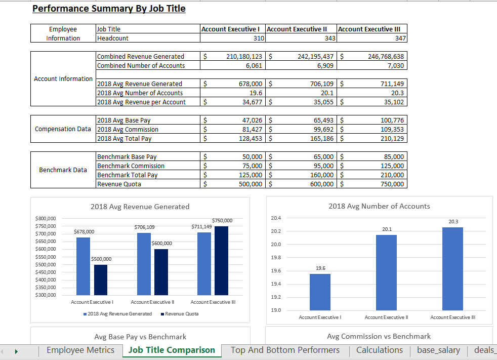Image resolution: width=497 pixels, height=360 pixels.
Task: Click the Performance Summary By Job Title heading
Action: click(109, 9)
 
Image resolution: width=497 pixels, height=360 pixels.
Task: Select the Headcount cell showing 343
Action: click(301, 38)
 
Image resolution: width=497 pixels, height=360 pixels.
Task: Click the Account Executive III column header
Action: click(372, 29)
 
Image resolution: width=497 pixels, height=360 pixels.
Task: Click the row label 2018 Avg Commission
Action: click(128, 129)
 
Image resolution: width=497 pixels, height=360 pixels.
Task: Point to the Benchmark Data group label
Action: click(63, 170)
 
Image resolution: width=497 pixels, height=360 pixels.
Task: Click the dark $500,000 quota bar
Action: click(101, 279)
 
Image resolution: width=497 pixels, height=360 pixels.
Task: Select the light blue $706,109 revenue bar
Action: click(144, 263)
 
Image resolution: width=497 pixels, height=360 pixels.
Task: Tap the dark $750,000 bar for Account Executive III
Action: click(221, 260)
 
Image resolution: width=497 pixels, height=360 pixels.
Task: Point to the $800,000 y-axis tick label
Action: click(46, 218)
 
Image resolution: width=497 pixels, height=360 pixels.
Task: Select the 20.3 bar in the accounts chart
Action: click(452, 268)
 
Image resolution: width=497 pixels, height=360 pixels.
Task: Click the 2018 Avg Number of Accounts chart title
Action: click(379, 206)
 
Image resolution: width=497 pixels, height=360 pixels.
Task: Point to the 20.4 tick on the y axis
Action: click(276, 218)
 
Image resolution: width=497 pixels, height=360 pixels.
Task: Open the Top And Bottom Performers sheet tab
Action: click(285, 350)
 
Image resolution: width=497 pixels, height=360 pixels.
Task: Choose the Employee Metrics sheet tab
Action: click(80, 350)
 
